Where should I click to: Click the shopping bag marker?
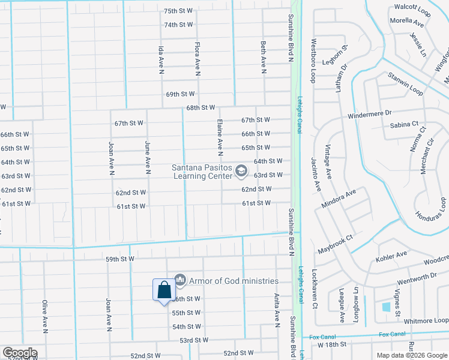[164, 291]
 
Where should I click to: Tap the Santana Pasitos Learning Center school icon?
[241, 172]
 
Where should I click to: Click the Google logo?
[20, 353]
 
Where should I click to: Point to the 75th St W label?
[178, 11]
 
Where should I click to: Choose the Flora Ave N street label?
[197, 58]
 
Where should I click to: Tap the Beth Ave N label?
[264, 58]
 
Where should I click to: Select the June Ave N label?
[147, 154]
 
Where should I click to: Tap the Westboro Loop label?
[313, 61]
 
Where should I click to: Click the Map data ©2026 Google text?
[411, 355]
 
